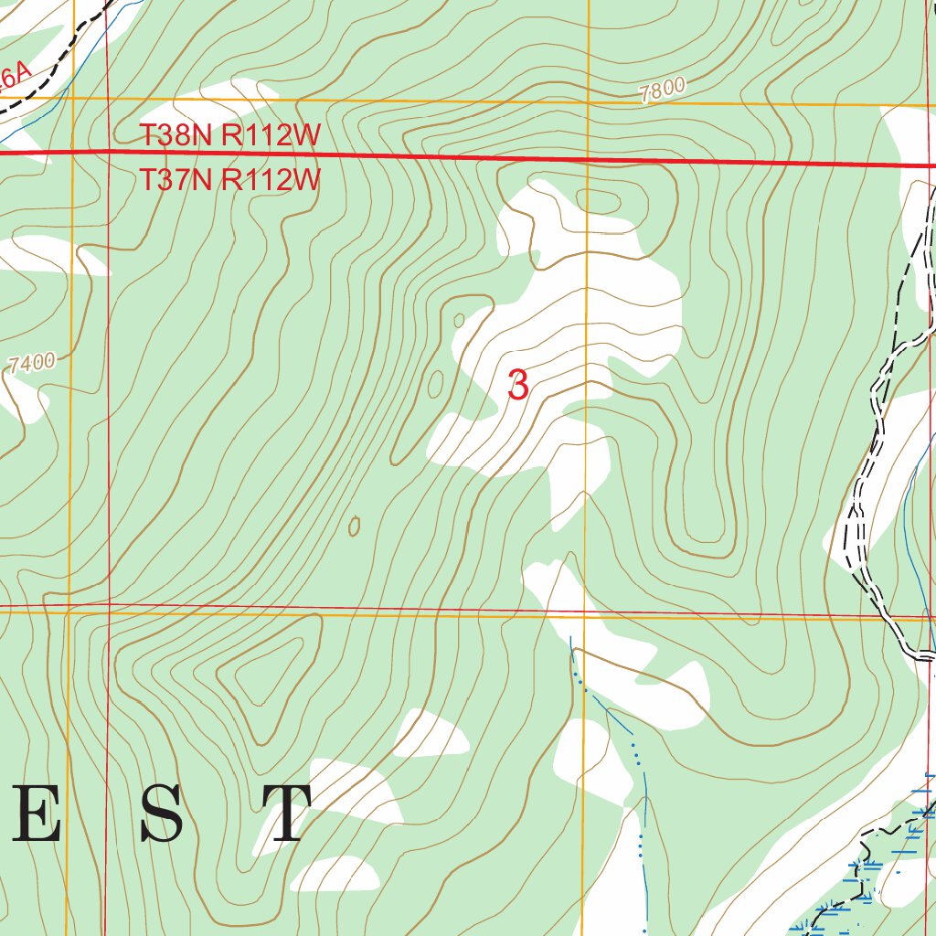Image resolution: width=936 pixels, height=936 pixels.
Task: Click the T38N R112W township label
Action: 230,136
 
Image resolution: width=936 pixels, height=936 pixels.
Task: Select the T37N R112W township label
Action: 230,179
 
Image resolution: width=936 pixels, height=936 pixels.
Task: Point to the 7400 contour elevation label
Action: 33,363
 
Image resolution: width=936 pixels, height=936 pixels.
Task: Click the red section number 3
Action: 517,385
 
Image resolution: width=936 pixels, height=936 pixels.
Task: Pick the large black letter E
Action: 36,814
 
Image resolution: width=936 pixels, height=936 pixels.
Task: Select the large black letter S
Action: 162,814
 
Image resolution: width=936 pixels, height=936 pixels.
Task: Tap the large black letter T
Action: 285,814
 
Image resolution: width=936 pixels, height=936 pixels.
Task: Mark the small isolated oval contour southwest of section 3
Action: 354,526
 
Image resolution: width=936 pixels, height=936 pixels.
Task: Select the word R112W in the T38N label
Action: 271,136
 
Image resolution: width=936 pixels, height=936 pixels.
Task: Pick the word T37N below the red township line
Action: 177,179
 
